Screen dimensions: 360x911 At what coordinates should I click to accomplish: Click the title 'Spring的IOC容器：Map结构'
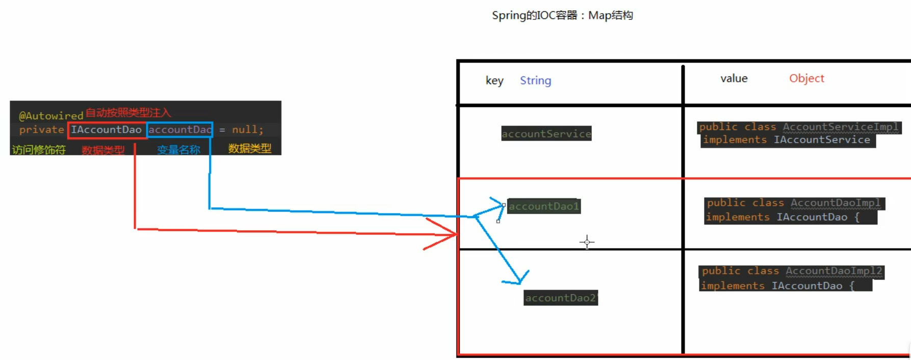click(x=562, y=15)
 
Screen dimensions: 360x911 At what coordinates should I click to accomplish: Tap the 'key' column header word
click(x=494, y=81)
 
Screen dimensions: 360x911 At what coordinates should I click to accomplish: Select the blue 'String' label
click(x=535, y=81)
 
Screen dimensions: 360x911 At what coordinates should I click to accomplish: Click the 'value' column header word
click(x=734, y=79)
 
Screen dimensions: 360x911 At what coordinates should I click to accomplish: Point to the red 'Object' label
click(x=806, y=79)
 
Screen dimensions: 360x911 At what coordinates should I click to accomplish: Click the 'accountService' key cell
click(x=546, y=134)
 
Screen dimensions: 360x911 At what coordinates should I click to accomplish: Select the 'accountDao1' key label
click(x=544, y=206)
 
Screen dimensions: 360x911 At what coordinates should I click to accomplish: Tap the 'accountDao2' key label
click(x=560, y=298)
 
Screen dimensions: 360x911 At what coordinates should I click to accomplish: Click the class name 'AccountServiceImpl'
click(x=841, y=126)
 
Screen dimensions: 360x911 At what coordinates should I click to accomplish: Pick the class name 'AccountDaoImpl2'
click(x=834, y=271)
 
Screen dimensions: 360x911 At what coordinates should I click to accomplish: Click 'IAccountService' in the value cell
click(x=822, y=140)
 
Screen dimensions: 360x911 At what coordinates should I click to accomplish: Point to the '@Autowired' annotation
click(x=50, y=116)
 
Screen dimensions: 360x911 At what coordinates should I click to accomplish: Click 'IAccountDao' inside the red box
click(x=106, y=130)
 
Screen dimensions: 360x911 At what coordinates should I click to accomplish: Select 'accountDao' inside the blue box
click(x=179, y=130)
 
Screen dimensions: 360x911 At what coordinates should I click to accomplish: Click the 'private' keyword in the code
click(x=41, y=130)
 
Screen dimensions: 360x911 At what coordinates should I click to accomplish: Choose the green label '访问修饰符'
click(x=39, y=149)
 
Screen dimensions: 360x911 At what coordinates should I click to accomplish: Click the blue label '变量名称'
click(x=178, y=149)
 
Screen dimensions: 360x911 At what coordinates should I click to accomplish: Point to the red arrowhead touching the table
click(x=449, y=235)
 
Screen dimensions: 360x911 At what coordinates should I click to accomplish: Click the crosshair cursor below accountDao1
click(x=587, y=242)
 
